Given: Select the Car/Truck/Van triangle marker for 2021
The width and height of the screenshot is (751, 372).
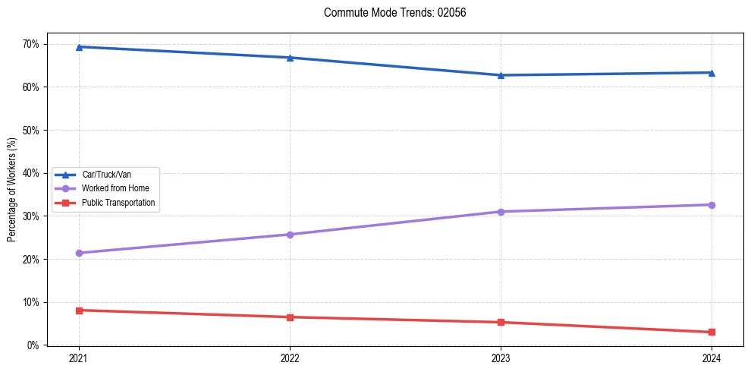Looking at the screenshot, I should point(79,47).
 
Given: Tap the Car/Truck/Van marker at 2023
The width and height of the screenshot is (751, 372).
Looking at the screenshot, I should point(501,75).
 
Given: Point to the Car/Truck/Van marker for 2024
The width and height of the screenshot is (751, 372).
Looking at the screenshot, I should point(712,73).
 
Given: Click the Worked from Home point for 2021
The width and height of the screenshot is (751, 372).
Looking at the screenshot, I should point(79,253).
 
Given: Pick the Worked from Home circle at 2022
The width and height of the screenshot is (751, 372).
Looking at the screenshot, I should point(290,235).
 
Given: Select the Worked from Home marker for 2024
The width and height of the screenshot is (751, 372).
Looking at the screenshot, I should point(712,205).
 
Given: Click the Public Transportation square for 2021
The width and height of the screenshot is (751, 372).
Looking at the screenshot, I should point(79,311).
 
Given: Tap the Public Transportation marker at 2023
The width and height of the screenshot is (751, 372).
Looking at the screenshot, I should point(501,323).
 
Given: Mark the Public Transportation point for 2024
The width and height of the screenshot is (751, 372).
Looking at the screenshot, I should point(712,333).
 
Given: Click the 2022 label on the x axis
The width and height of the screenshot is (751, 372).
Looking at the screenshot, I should point(290,358).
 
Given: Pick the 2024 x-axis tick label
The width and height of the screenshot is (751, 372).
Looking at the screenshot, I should point(712,358).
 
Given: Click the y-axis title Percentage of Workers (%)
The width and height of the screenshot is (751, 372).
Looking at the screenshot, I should point(11,190).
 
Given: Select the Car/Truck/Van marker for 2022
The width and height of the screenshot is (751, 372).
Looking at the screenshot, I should point(290,58).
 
